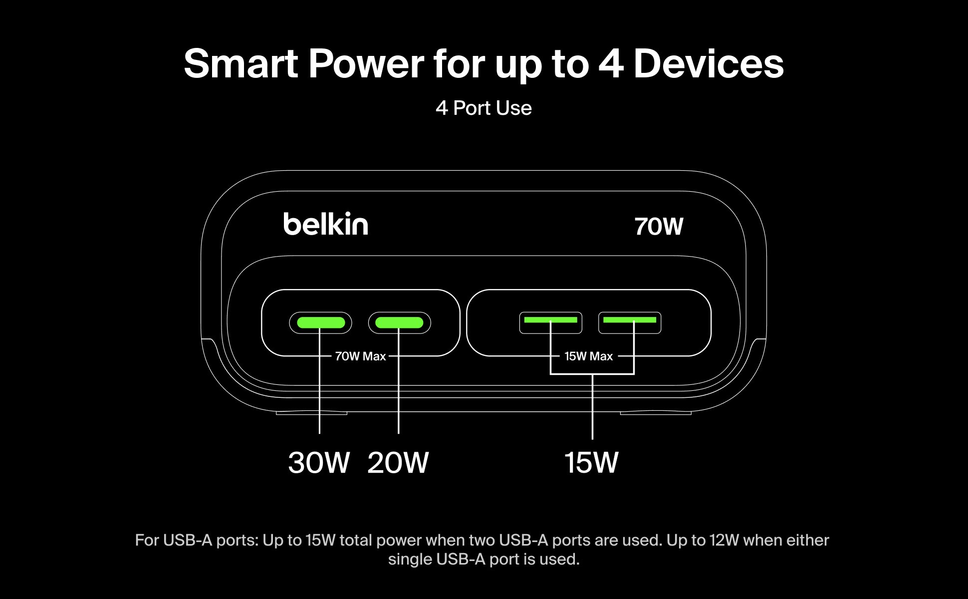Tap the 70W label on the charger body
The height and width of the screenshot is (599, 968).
[659, 226]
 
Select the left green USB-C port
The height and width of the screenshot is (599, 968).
[320, 322]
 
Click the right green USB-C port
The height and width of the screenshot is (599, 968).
[399, 322]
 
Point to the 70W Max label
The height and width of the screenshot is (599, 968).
[360, 356]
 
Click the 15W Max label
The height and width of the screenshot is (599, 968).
[588, 356]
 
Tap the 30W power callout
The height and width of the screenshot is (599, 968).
[318, 462]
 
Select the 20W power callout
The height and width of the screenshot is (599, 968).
[398, 462]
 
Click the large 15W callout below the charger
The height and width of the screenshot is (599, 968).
[591, 462]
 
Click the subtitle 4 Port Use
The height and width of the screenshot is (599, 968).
[484, 108]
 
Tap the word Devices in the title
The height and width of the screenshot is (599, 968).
[709, 64]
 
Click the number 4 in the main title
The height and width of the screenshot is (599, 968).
[611, 64]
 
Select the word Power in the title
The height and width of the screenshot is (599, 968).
[366, 64]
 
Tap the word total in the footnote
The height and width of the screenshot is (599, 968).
[356, 540]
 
